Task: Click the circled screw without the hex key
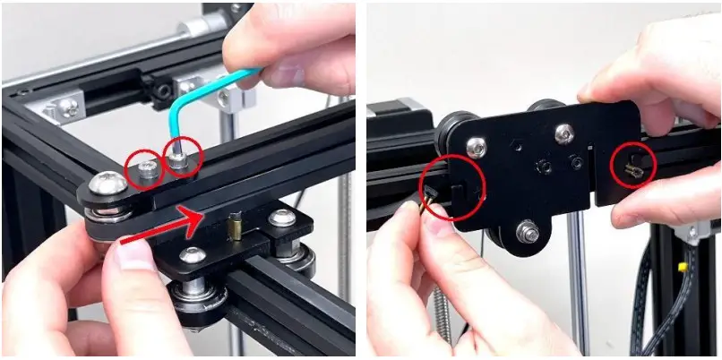pos(146,167)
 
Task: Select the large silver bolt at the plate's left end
pos(108,185)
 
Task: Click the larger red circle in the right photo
pos(451,187)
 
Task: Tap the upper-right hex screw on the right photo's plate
pos(563,133)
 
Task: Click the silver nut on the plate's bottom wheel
pos(529,235)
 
